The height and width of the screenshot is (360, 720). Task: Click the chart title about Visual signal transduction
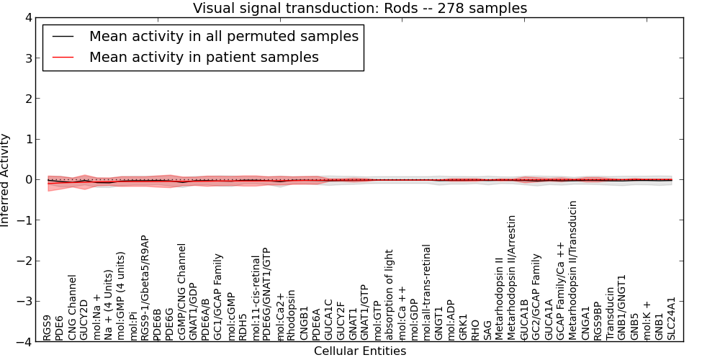click(x=359, y=8)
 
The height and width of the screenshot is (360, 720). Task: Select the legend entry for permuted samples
click(x=223, y=36)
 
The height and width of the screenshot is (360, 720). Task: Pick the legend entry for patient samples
click(x=204, y=57)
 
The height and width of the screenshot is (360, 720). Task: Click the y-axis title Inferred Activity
click(x=6, y=180)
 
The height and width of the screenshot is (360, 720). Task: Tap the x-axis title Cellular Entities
click(x=359, y=351)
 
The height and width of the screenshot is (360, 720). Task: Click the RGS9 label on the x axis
click(x=47, y=328)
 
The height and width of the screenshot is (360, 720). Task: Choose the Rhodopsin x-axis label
click(x=292, y=315)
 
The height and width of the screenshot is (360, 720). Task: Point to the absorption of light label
click(x=390, y=294)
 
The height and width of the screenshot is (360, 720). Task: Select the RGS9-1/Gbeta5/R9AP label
click(x=145, y=287)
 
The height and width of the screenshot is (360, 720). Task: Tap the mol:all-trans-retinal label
click(x=427, y=292)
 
